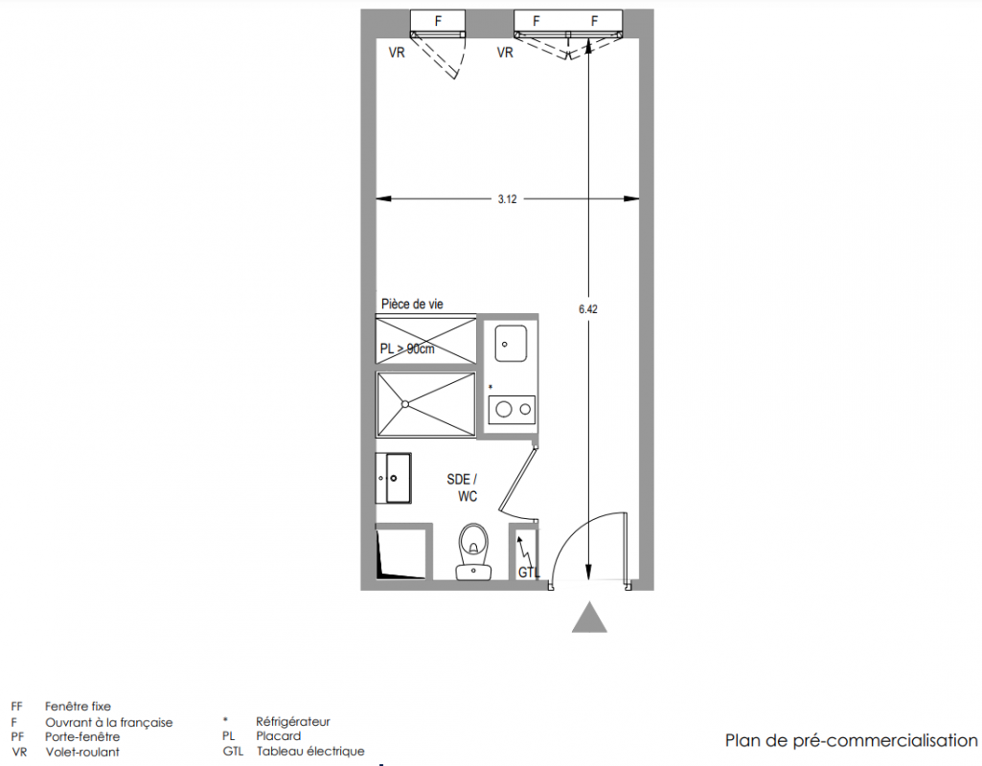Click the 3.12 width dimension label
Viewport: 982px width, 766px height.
click(x=507, y=199)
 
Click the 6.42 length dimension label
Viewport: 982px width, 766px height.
click(x=588, y=309)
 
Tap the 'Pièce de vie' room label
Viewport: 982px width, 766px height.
click(x=412, y=304)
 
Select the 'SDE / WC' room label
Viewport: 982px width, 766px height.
click(x=462, y=487)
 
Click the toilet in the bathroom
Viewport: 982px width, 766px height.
click(x=473, y=552)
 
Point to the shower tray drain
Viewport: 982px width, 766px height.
click(x=406, y=404)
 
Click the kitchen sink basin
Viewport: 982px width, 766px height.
click(x=511, y=343)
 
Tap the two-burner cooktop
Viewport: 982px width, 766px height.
click(x=512, y=410)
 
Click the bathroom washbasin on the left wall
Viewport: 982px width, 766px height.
click(x=394, y=478)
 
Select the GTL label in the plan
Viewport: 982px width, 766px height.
click(x=529, y=572)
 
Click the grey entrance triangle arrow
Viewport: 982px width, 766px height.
click(x=589, y=618)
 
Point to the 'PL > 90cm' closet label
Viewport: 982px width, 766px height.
click(x=407, y=349)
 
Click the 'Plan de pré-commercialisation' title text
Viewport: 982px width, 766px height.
click(x=851, y=741)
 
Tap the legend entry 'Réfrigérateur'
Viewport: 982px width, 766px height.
click(x=292, y=722)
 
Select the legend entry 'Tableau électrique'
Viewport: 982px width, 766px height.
click(x=310, y=751)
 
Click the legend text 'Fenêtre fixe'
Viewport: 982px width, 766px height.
click(x=78, y=707)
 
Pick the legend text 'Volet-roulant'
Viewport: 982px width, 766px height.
click(x=82, y=752)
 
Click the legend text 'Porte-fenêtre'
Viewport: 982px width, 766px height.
click(x=82, y=736)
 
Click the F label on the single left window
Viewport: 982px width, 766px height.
click(x=439, y=21)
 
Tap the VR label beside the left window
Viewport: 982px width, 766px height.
click(x=397, y=53)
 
